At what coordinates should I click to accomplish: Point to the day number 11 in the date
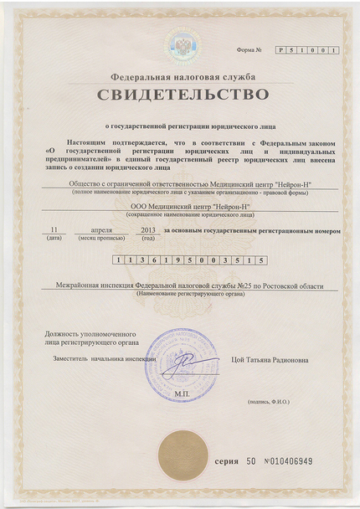tap(54, 229)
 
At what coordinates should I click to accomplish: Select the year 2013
tap(148, 229)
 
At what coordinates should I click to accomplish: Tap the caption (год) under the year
tap(148, 238)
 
